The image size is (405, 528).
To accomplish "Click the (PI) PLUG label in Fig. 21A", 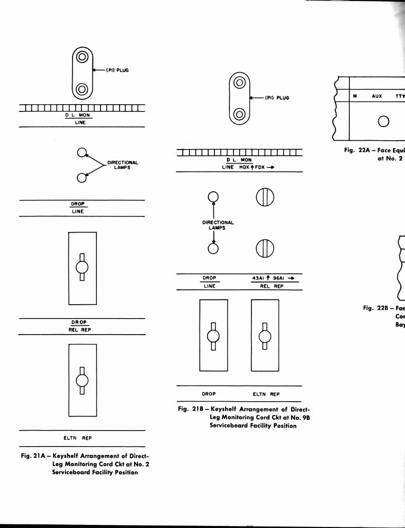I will pos(117,70).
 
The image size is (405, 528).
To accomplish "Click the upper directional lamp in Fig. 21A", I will pos(81,152).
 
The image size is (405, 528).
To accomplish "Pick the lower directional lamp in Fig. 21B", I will pos(213,248).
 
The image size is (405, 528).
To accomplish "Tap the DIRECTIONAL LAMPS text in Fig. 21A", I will pos(122,165).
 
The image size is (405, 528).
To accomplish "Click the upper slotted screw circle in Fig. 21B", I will pos(264,197).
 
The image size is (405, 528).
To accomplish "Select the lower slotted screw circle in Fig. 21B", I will pos(264,249).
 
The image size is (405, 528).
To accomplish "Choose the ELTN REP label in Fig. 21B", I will pos(266,394).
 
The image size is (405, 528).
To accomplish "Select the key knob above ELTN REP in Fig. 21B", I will pos(265,336).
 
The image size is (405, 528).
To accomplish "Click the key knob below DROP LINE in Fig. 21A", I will pos(82,267).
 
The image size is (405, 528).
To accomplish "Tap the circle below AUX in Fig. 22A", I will pos(383,122).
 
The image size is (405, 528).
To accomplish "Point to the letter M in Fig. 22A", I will pos(355,96).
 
